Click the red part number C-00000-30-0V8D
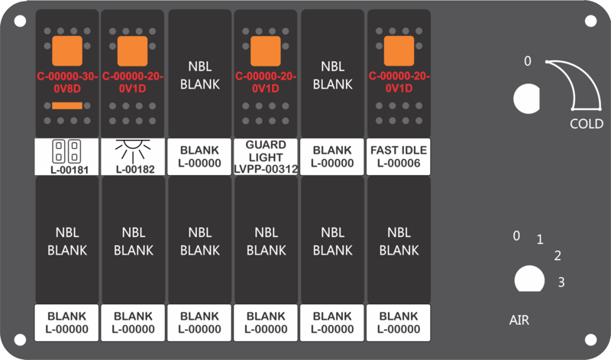click(x=67, y=83)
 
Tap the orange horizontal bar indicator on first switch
click(x=67, y=105)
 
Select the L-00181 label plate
click(x=66, y=157)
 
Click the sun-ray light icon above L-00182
click(x=133, y=151)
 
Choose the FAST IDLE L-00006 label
click(x=399, y=157)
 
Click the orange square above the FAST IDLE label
click(x=399, y=51)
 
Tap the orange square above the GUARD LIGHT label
click(x=265, y=51)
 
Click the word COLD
click(x=587, y=124)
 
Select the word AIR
click(x=519, y=320)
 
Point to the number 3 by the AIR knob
click(x=561, y=282)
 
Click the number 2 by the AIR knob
click(x=558, y=255)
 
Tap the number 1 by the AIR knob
click(x=540, y=239)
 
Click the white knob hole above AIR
click(x=529, y=279)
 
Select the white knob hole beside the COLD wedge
click(x=527, y=99)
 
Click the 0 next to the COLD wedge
click(x=527, y=61)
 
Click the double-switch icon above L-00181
click(x=66, y=151)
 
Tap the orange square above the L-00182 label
click(x=132, y=51)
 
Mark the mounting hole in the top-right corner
click(x=590, y=21)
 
